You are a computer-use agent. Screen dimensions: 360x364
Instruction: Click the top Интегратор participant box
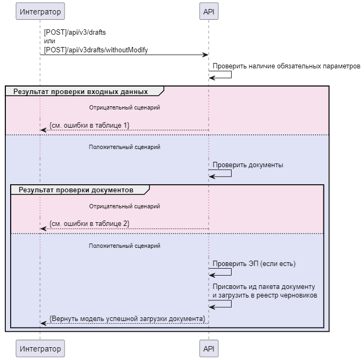click(x=39, y=10)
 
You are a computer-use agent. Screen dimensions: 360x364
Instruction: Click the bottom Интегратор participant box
click(x=39, y=349)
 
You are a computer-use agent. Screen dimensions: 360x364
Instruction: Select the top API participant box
click(x=209, y=10)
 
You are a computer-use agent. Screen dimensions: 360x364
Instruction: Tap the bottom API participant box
click(x=209, y=349)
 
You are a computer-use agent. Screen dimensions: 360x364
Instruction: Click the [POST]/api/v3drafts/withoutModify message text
click(x=96, y=50)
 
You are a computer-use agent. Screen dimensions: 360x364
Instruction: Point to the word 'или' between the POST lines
click(x=49, y=41)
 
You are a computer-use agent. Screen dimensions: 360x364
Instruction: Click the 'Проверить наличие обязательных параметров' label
click(x=287, y=66)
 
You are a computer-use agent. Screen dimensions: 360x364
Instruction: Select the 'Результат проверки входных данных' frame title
click(x=81, y=91)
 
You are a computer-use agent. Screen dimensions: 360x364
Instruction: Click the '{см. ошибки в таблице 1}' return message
click(x=89, y=125)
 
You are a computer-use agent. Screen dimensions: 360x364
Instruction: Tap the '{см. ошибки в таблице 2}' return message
click(x=89, y=224)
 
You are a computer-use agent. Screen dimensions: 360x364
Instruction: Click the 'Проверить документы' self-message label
click(x=248, y=165)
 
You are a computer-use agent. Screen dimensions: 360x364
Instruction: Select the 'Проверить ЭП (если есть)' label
click(x=254, y=264)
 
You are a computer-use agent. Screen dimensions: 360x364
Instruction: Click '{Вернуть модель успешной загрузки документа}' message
click(x=127, y=318)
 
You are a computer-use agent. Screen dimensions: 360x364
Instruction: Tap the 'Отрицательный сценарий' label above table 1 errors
click(x=124, y=107)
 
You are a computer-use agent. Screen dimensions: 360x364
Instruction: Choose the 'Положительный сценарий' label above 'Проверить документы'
click(x=124, y=147)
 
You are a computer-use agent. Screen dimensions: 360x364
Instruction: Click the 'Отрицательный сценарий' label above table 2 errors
click(x=124, y=206)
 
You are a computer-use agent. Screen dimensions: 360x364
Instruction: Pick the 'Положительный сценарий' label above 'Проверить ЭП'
click(x=124, y=246)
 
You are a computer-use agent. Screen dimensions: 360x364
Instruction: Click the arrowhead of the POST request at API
click(x=205, y=55)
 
